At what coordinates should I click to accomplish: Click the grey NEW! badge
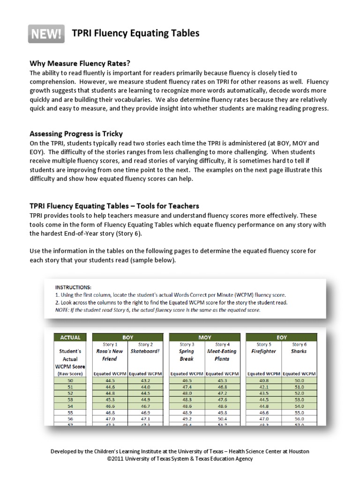[46, 33]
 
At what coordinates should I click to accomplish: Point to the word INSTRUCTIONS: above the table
[74, 287]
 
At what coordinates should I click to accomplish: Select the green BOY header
[128, 337]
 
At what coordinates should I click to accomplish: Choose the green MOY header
[204, 337]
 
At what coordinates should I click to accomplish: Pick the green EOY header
[281, 337]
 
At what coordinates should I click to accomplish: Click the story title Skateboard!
[145, 351]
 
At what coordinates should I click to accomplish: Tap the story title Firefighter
[263, 351]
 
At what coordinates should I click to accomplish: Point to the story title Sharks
[299, 351]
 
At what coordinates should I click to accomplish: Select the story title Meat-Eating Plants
[222, 354]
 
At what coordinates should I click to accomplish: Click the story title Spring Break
[187, 354]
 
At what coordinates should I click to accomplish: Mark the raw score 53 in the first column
[70, 400]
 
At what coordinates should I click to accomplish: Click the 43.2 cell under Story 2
[145, 381]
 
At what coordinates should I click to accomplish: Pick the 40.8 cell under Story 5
[263, 381]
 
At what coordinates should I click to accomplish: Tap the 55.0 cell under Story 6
[299, 412]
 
